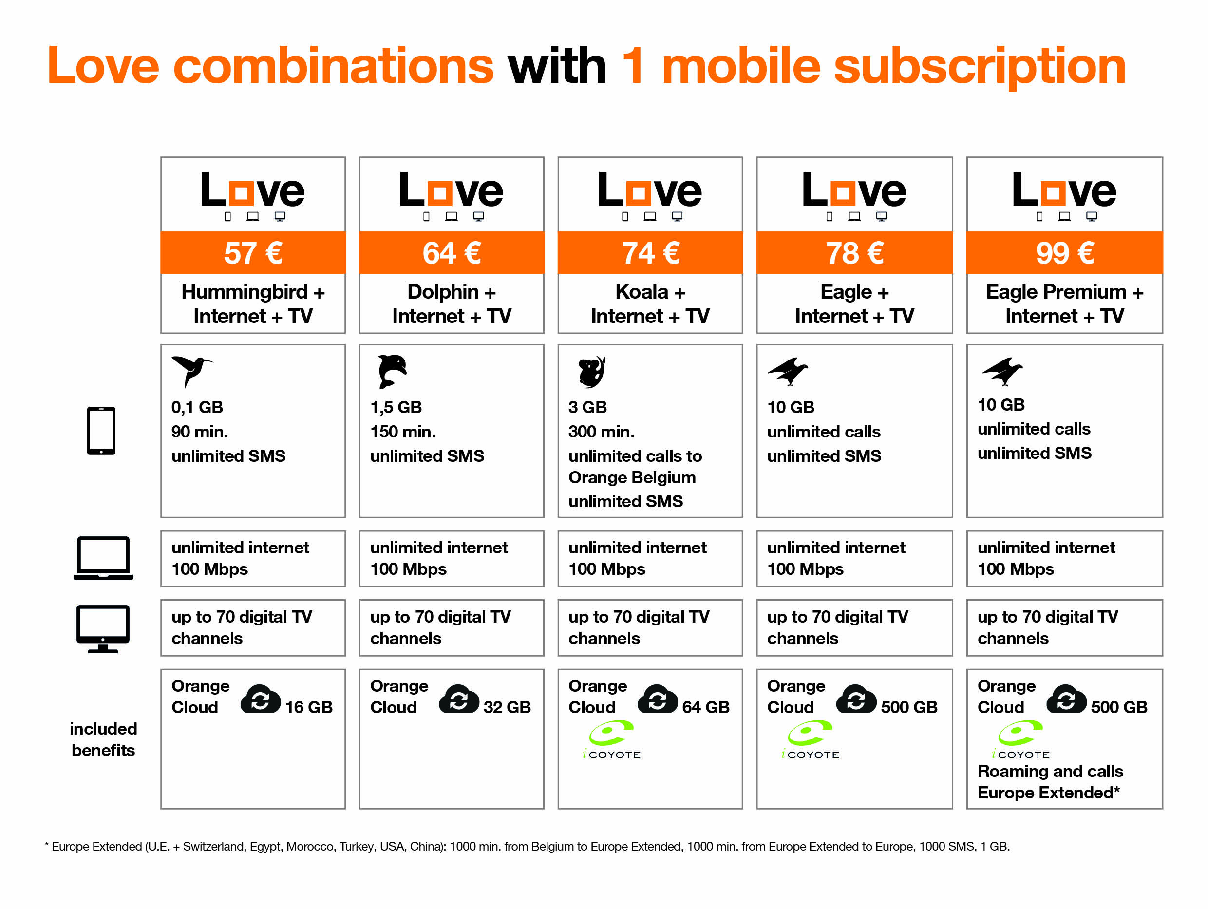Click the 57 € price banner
coord(253,252)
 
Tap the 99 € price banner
coord(1064,252)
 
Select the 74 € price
coord(650,253)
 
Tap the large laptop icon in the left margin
coord(103,558)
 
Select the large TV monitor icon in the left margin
coord(103,628)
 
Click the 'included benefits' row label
coord(103,739)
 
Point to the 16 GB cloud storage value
coord(308,707)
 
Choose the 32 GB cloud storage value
coord(507,707)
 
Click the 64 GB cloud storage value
coord(706,707)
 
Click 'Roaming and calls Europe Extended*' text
coord(1050,782)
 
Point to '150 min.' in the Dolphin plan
coord(403,432)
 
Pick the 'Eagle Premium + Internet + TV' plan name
coord(1064,303)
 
